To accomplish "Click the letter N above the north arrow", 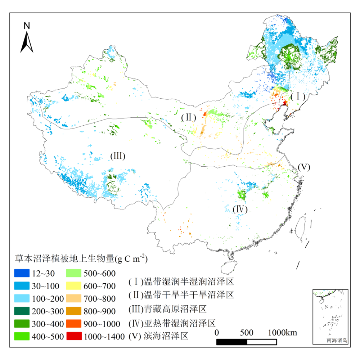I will [x=27, y=26].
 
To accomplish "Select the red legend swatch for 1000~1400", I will [x=75, y=337].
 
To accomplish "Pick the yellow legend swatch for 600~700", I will [x=75, y=286].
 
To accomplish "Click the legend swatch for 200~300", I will [x=22, y=311].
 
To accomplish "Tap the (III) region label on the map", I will [x=117, y=156].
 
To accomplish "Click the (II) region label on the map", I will [x=188, y=117].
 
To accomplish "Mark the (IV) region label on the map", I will [x=240, y=209].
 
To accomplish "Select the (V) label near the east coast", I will [x=303, y=167].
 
